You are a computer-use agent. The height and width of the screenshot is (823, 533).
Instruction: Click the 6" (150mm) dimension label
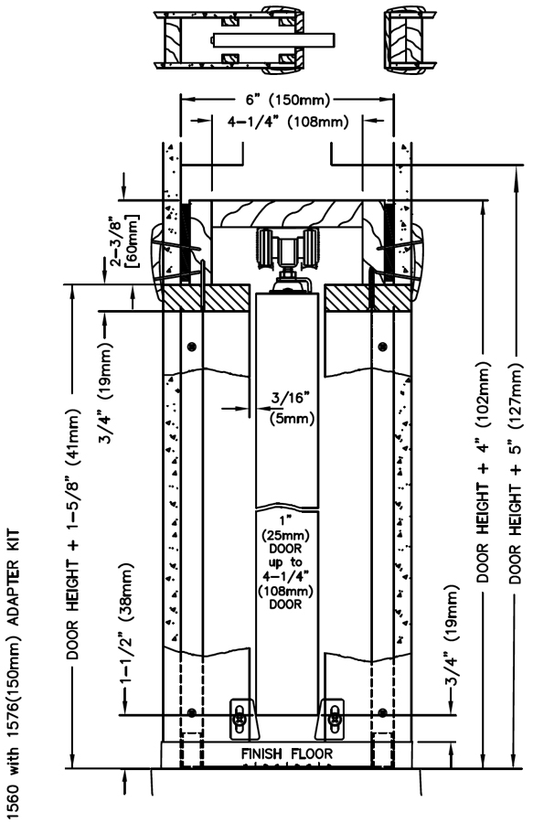click(287, 99)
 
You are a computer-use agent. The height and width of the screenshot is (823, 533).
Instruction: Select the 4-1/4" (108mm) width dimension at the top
click(288, 122)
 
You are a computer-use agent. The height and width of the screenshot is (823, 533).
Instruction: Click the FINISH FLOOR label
click(286, 754)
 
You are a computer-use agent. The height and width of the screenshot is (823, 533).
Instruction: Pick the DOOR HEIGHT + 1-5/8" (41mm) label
click(73, 534)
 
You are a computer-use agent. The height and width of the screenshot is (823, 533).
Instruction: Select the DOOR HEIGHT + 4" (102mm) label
click(483, 471)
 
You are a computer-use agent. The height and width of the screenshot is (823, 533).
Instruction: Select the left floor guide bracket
click(244, 719)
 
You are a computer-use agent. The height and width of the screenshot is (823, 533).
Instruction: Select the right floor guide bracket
click(332, 719)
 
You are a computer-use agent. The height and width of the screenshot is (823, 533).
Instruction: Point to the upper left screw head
click(193, 347)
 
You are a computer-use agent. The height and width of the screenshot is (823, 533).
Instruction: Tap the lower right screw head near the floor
click(382, 712)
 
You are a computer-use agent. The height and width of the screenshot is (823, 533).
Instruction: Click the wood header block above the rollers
click(287, 214)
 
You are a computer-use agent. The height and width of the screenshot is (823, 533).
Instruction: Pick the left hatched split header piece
click(205, 299)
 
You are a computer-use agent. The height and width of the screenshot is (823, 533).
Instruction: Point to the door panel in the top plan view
click(272, 40)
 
